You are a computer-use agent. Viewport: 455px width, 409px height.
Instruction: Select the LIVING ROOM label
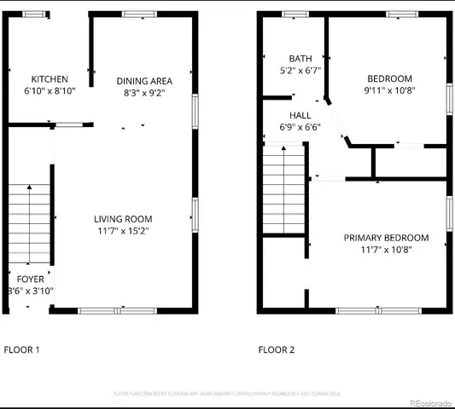click(x=123, y=219)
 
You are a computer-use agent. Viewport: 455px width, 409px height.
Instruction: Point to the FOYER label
click(x=30, y=279)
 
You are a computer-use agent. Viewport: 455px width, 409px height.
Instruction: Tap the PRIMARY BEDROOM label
click(x=386, y=238)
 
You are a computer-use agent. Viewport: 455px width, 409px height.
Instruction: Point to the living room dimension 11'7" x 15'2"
click(x=123, y=231)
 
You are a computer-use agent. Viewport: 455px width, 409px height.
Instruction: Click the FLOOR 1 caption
click(x=22, y=349)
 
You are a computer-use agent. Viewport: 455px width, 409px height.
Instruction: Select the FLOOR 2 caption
click(x=276, y=349)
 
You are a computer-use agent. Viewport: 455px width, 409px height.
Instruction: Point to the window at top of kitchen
click(x=35, y=14)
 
